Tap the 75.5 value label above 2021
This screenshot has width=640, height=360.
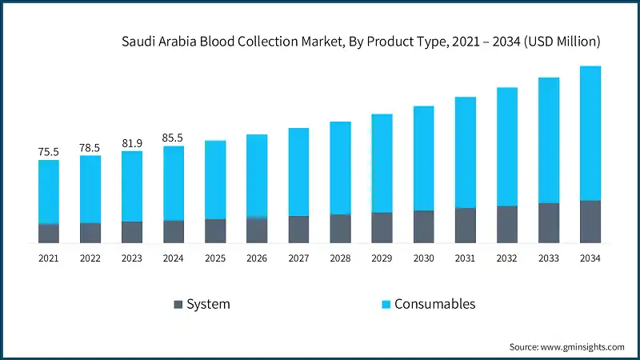[x=48, y=151]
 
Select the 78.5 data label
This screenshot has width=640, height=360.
[x=90, y=147]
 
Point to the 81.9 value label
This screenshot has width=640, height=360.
[x=132, y=143]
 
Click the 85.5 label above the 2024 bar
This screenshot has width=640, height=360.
[x=174, y=138]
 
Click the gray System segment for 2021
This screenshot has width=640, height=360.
[x=48, y=233]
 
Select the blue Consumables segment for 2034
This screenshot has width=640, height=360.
[x=590, y=133]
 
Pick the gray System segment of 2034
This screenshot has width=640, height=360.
[x=590, y=222]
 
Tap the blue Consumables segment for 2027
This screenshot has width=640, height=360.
[x=298, y=172]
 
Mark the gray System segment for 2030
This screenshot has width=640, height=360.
[x=423, y=226]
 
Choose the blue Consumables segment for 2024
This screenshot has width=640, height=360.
[x=174, y=183]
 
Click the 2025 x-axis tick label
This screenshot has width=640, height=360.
[x=215, y=258]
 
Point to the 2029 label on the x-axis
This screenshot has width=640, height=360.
[x=382, y=258]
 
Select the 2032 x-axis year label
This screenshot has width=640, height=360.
[x=506, y=258]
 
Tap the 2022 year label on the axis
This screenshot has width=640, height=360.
[x=90, y=258]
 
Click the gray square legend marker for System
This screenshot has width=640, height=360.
[x=178, y=305]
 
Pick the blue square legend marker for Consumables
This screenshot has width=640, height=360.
[x=386, y=305]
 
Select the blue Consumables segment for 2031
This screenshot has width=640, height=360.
[x=465, y=152]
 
